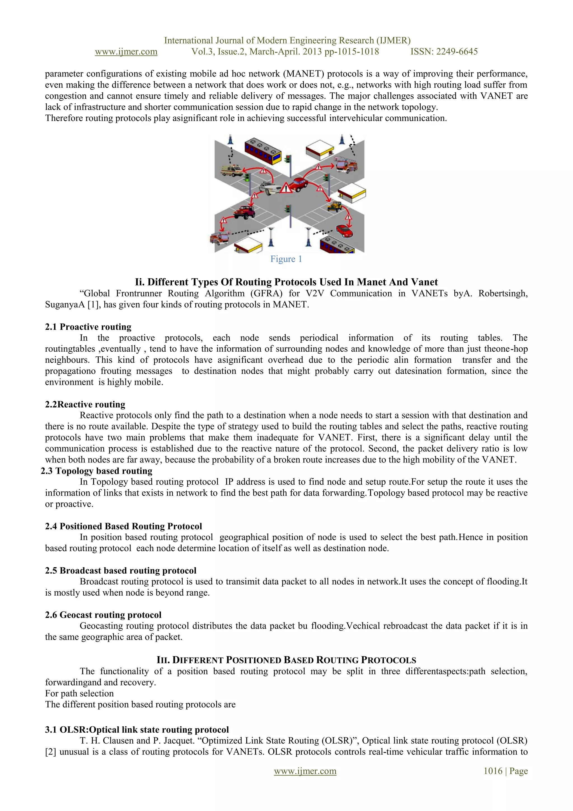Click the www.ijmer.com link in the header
[126, 52]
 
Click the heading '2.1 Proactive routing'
[88, 327]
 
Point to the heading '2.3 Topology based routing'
[96, 471]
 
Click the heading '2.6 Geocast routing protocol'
[103, 615]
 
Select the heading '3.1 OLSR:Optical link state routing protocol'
[137, 729]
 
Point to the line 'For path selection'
[79, 693]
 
